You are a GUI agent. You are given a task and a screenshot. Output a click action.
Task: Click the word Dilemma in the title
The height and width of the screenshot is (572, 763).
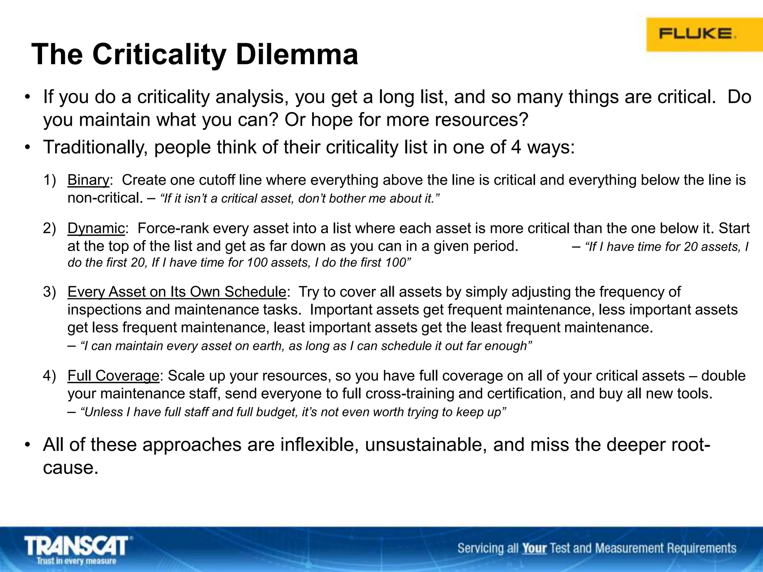[x=297, y=55]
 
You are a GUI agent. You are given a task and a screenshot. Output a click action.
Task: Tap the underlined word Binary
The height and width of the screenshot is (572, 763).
[x=88, y=180]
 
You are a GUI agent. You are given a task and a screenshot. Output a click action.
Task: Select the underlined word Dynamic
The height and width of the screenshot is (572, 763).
[x=96, y=228]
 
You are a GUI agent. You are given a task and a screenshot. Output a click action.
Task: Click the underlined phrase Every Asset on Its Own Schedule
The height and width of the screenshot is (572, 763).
[x=177, y=292]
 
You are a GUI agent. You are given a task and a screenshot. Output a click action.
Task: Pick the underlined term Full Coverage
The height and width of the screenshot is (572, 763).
[x=113, y=376]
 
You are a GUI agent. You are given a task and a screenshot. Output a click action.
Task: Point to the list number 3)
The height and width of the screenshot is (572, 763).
[x=49, y=292]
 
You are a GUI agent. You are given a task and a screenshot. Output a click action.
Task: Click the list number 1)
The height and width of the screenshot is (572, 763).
[x=49, y=180]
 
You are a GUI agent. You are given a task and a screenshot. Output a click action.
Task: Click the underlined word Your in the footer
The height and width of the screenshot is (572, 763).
[x=534, y=548]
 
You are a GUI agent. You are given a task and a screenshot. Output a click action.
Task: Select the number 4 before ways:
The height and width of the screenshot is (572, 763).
[x=516, y=147]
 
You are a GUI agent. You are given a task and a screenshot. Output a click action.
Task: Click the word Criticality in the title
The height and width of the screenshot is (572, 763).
[x=159, y=55]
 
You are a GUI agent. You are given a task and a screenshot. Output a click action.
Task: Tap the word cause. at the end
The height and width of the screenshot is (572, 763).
[x=71, y=468]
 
